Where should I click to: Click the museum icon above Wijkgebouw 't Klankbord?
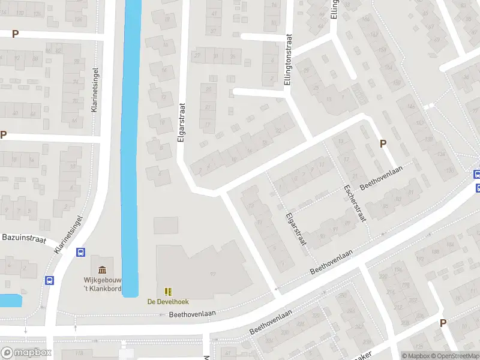(x=102, y=269)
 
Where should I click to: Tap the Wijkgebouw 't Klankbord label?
(x=102, y=283)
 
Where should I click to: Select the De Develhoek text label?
(x=167, y=301)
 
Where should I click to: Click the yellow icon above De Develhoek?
(x=168, y=291)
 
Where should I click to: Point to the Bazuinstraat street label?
(x=24, y=238)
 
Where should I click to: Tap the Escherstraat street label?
(x=355, y=203)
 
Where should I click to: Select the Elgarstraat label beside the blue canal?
(x=181, y=122)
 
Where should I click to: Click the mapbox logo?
(x=26, y=353)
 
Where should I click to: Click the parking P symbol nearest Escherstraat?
(x=383, y=143)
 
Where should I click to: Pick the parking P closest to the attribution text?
(x=443, y=323)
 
